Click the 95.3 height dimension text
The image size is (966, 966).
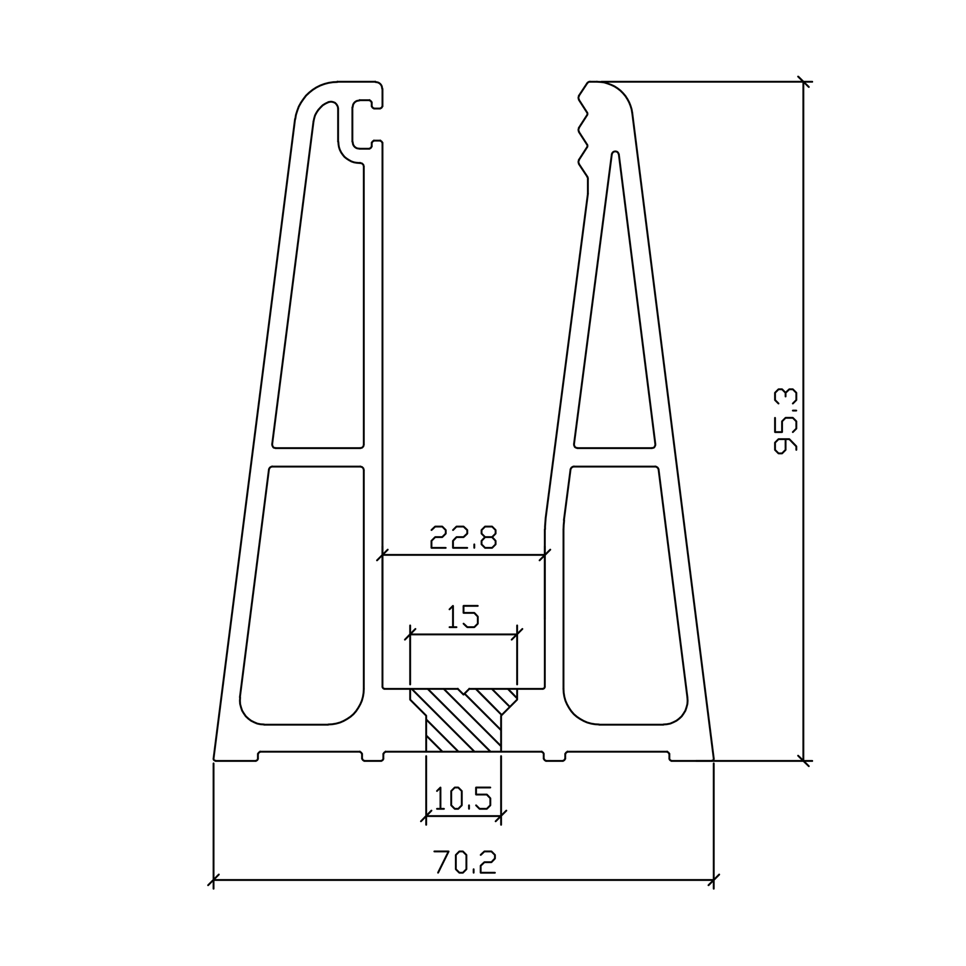pyautogui.click(x=786, y=421)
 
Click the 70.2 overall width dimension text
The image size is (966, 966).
pyautogui.click(x=465, y=862)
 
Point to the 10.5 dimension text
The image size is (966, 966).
pyautogui.click(x=463, y=799)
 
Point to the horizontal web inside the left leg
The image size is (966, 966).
pyautogui.click(x=317, y=457)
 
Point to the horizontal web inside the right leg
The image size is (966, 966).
pyautogui.click(x=615, y=457)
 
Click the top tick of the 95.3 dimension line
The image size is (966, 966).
pyautogui.click(x=804, y=82)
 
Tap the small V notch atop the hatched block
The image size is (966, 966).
pyautogui.click(x=464, y=692)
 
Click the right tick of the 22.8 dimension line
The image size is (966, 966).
pyautogui.click(x=545, y=555)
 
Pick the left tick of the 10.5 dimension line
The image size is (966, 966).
pyautogui.click(x=426, y=816)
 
